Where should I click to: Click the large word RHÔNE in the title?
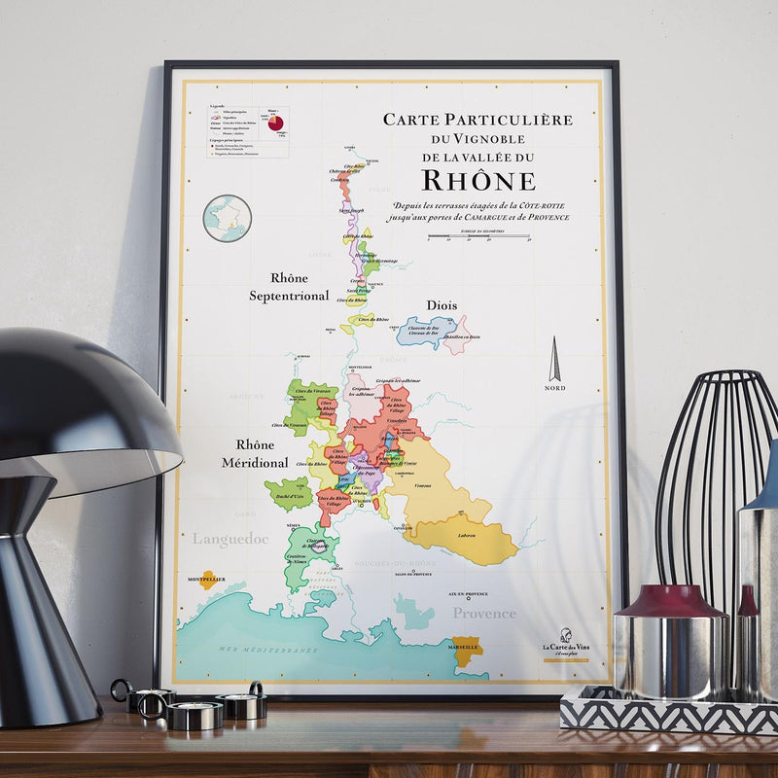(477, 181)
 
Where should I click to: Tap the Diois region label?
(442, 305)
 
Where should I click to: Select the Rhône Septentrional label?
(289, 287)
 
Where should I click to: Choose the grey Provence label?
(483, 613)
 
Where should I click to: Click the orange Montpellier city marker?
(208, 580)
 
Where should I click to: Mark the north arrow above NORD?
(554, 360)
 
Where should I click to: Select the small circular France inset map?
(228, 218)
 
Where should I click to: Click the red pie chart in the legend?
(276, 124)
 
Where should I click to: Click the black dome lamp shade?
(78, 408)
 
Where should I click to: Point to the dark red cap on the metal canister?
(671, 600)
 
